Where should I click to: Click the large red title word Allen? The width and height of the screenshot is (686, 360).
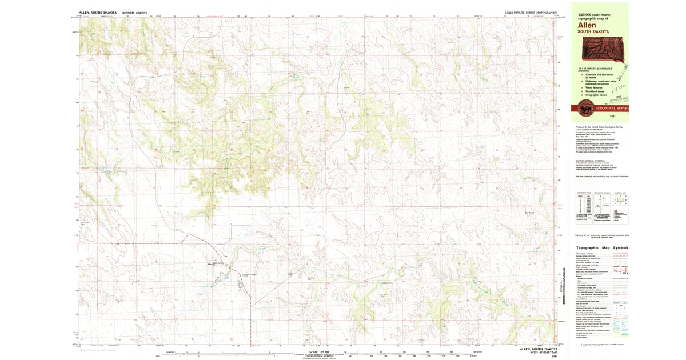click(587, 25)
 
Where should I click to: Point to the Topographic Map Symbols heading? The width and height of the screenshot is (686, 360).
click(602, 247)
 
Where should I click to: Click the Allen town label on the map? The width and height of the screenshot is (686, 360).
click(210, 264)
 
